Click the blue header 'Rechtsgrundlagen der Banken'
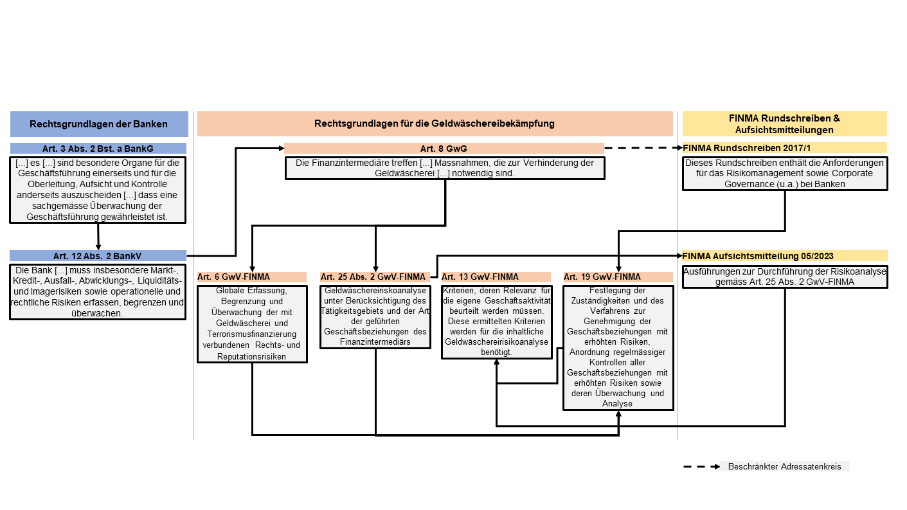point(99,124)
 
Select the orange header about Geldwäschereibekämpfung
point(435,123)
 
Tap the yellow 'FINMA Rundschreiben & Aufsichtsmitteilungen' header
point(784,124)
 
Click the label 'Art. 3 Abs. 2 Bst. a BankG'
point(98,149)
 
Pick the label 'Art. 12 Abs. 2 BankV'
point(98,256)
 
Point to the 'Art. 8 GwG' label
point(444,149)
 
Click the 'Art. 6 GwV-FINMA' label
point(233,277)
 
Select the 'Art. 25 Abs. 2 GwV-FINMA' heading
point(373,277)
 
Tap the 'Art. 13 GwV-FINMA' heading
point(480,277)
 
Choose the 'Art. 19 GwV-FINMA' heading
point(602,277)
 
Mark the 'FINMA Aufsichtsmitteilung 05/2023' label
point(758,256)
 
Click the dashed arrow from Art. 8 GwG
point(643,148)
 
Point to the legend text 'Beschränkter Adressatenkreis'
point(784,467)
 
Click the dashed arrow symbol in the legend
point(701,467)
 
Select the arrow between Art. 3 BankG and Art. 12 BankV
point(98,237)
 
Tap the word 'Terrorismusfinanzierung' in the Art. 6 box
point(252,334)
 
